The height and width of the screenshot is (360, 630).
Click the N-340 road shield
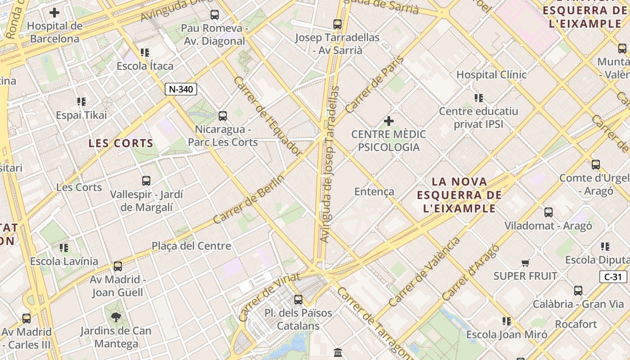[x=181, y=89]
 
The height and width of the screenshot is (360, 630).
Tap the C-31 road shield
[x=613, y=277]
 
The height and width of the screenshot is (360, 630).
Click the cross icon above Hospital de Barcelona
[x=54, y=13]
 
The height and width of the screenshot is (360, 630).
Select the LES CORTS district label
[x=121, y=144]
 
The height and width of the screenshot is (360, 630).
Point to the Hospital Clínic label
[x=491, y=75]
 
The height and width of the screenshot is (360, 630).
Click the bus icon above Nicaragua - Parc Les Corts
[x=222, y=116]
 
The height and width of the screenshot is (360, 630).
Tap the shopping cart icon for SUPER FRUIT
[x=525, y=263]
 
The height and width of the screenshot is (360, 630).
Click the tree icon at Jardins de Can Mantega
[x=116, y=317]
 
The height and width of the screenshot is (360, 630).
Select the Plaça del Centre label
[x=191, y=246]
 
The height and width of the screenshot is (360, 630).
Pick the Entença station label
[x=374, y=192]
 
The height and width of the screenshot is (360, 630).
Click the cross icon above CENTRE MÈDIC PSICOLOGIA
[x=388, y=121]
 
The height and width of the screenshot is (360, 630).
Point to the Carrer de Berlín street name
[x=248, y=199]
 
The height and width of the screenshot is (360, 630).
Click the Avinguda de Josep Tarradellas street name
[x=329, y=164]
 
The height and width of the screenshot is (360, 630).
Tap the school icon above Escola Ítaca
[x=144, y=53]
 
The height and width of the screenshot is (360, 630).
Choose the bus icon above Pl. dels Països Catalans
[x=298, y=299]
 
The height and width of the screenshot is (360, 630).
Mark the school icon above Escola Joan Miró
[x=507, y=321]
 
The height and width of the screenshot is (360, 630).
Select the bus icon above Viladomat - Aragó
[x=548, y=212]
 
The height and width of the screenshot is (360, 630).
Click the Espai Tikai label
[x=81, y=115]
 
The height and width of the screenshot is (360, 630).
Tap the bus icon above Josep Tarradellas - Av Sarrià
[x=337, y=24]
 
